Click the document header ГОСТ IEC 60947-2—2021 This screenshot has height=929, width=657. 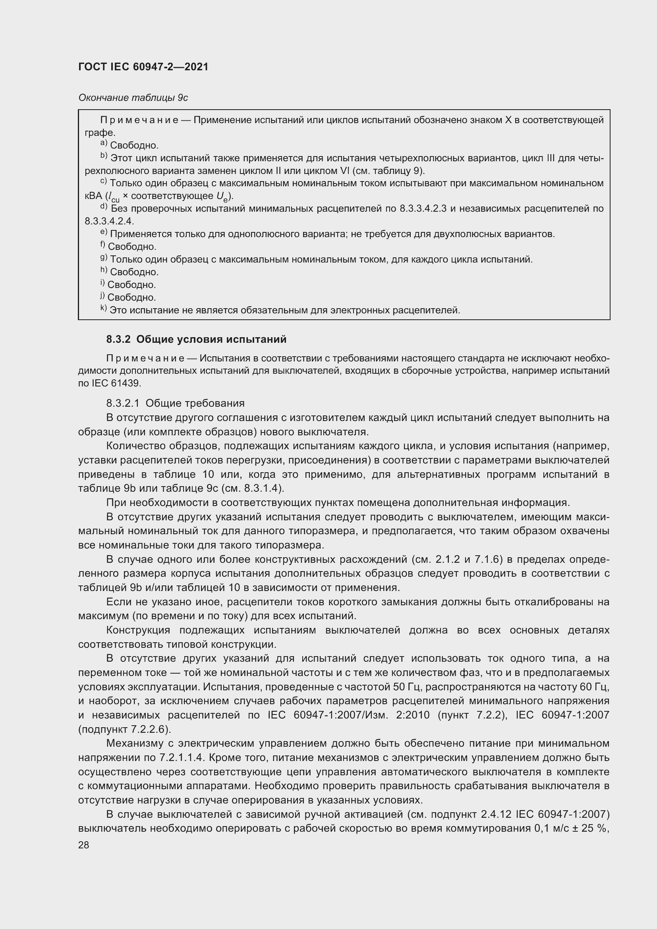coord(143,67)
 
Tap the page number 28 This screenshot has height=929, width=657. coord(84,845)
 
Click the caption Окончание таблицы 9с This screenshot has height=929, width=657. coord(133,98)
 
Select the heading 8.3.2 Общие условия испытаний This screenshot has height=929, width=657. coord(196,339)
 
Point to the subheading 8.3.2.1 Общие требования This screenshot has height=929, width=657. coord(175,403)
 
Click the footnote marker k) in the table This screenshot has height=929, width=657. coord(104,309)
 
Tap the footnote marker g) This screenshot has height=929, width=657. coord(104,258)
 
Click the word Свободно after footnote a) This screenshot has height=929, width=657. coord(134,145)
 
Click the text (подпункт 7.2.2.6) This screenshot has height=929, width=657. coord(125,729)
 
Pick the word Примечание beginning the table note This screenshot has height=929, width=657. coord(139,120)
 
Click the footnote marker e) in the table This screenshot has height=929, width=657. coord(104,233)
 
